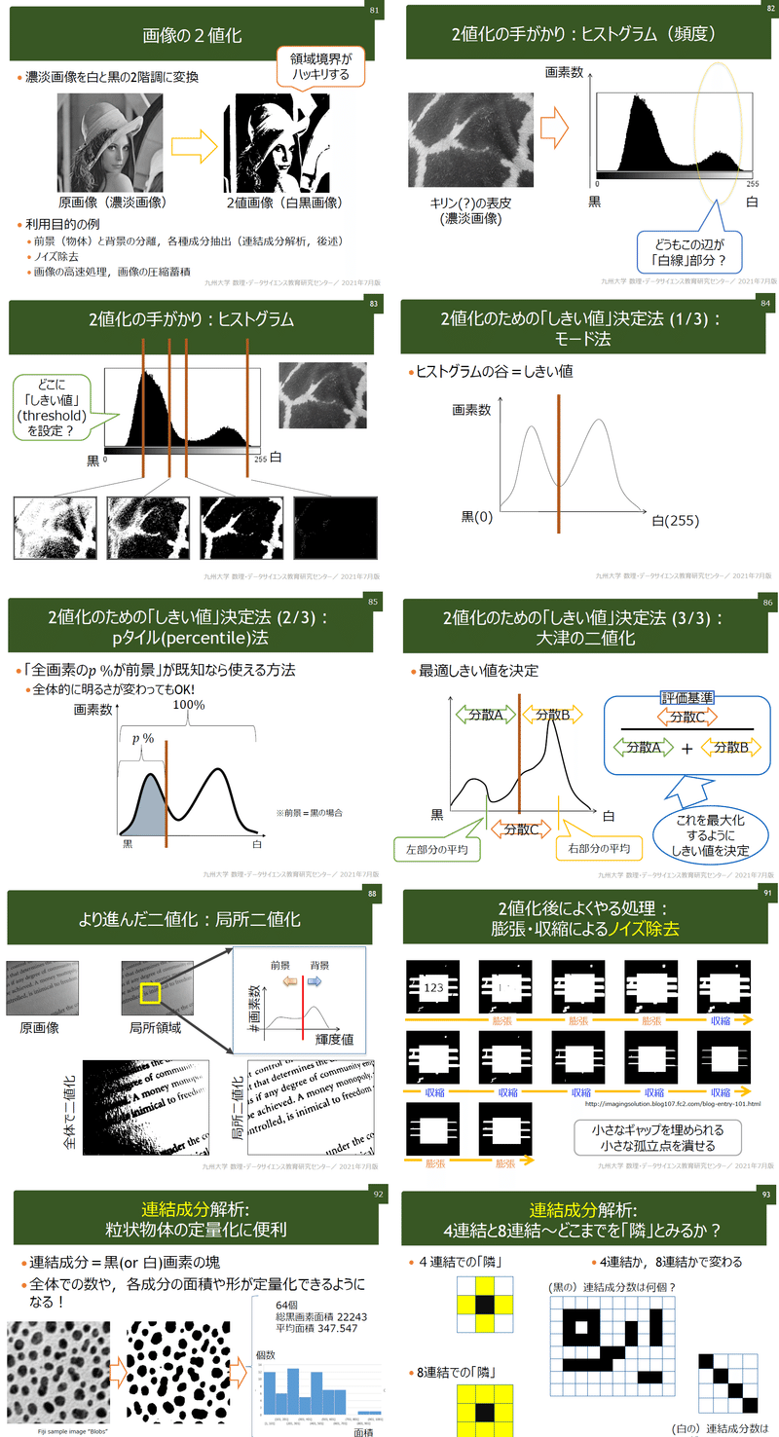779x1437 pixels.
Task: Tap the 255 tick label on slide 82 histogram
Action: tap(751, 183)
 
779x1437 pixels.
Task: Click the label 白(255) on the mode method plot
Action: tap(676, 520)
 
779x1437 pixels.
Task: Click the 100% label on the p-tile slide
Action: tap(189, 704)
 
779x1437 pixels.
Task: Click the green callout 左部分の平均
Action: tap(436, 848)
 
